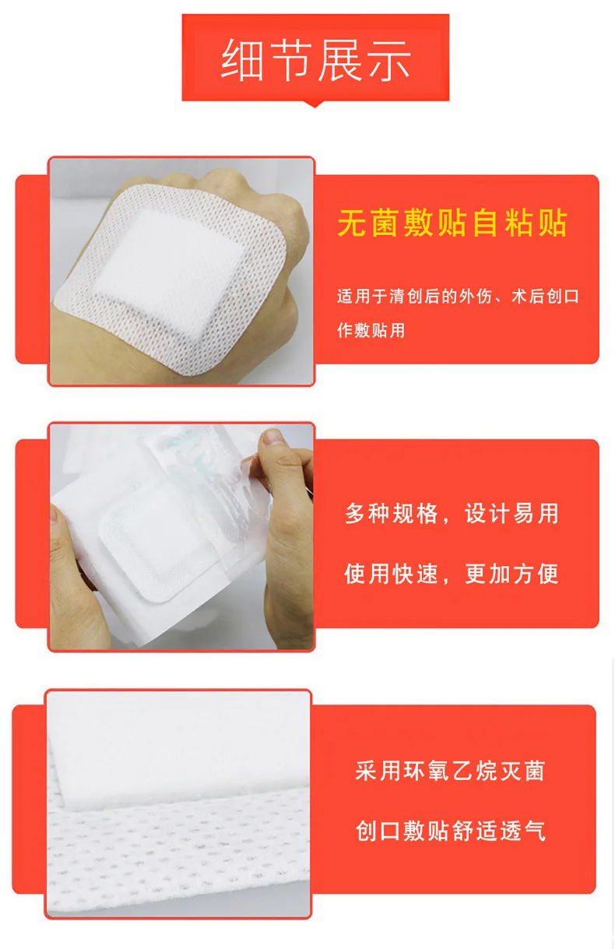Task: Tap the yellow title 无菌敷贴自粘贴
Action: click(x=452, y=223)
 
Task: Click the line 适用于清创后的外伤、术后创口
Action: click(x=458, y=297)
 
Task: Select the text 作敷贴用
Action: click(x=371, y=330)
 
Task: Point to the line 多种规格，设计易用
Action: click(x=452, y=515)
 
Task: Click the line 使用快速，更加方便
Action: click(x=452, y=575)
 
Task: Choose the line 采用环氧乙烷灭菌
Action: click(x=449, y=772)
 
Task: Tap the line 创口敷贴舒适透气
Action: click(x=449, y=831)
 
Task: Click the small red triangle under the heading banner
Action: click(x=315, y=103)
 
